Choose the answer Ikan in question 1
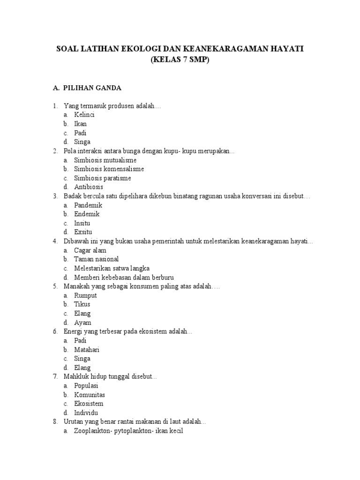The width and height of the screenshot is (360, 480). point(80,124)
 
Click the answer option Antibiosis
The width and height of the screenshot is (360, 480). point(89,187)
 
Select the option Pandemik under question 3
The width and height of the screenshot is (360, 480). point(88,205)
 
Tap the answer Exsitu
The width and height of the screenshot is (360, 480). point(83,232)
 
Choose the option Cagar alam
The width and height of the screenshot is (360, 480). point(90,250)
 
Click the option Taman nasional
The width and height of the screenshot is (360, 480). point(96,259)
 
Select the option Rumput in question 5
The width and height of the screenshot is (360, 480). point(85,295)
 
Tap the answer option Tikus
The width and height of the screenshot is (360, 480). point(82,304)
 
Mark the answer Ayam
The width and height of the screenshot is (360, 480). point(82,322)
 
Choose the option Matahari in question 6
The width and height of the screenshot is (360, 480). point(87,350)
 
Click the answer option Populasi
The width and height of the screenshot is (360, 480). point(86,386)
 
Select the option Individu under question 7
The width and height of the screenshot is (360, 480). point(86,412)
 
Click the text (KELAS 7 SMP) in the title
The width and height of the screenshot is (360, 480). point(180,60)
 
